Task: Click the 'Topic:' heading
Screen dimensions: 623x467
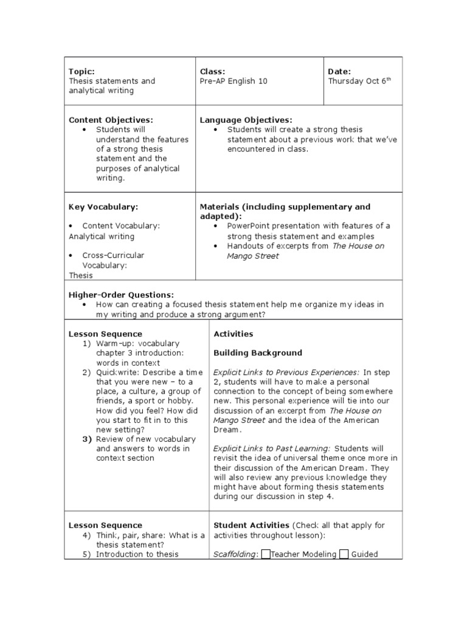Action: (81, 71)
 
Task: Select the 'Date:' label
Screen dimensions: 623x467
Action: (339, 71)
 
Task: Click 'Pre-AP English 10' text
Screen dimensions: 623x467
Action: (233, 81)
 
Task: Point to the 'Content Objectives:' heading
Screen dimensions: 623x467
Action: (111, 120)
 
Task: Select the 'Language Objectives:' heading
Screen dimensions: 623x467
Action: (246, 120)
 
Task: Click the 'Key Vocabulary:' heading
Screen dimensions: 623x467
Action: (100, 207)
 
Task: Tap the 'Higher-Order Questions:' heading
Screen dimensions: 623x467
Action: (121, 294)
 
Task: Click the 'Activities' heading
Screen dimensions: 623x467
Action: (233, 334)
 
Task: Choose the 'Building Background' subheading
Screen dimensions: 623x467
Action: (258, 353)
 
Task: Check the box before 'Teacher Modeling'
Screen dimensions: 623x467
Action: (266, 554)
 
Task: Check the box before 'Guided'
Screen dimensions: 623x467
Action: (344, 554)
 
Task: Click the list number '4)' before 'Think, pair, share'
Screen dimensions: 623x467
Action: (87, 535)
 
